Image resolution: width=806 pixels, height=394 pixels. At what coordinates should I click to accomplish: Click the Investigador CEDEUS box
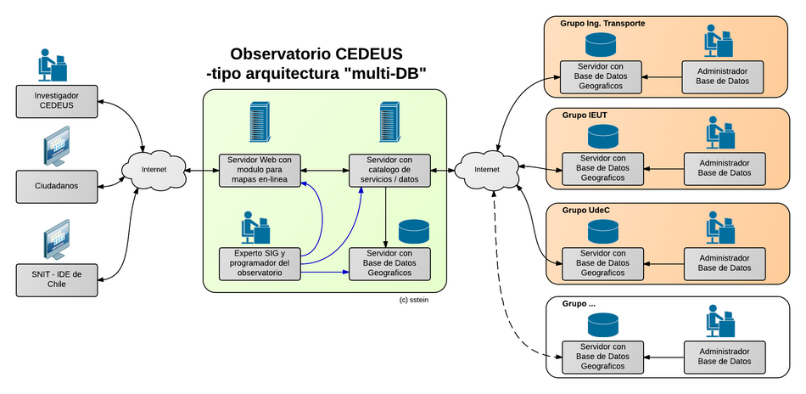(x=57, y=100)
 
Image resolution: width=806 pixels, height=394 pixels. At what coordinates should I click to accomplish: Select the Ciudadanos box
(x=57, y=185)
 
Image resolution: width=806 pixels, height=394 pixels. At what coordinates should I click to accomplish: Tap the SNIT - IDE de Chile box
(x=57, y=279)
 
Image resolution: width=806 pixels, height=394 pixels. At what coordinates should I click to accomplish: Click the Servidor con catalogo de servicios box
(x=389, y=170)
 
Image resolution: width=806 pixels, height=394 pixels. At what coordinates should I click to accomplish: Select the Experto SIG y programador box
(x=260, y=263)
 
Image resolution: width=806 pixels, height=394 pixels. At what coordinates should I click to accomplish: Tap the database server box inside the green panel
(x=389, y=263)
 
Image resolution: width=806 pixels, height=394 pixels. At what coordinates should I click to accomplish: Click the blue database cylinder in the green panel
(x=414, y=231)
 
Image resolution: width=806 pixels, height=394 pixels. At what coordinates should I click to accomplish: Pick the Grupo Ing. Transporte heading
(x=603, y=24)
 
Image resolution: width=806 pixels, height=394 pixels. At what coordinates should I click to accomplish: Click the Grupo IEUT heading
(x=585, y=115)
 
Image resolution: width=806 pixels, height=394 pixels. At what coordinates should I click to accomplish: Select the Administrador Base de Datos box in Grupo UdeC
(x=724, y=262)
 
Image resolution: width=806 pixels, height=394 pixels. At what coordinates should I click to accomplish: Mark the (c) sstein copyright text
(x=415, y=300)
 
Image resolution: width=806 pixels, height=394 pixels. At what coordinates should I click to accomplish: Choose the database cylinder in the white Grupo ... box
(x=602, y=324)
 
